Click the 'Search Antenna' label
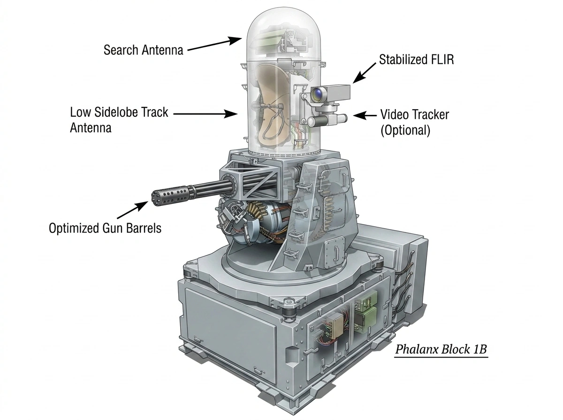coord(143,50)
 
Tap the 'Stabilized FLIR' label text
coord(416,60)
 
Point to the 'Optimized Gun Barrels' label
coord(105,228)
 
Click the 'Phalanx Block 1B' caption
coord(441,349)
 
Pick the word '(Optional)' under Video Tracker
coord(405,130)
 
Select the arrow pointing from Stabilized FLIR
coord(364,73)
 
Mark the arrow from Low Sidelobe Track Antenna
coord(205,114)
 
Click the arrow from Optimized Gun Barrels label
coord(132,210)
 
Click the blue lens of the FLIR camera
coord(318,93)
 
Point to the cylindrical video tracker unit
coord(327,120)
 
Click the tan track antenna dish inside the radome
coord(271,105)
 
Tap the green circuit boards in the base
coord(365,314)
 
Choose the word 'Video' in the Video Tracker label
coord(394,114)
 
